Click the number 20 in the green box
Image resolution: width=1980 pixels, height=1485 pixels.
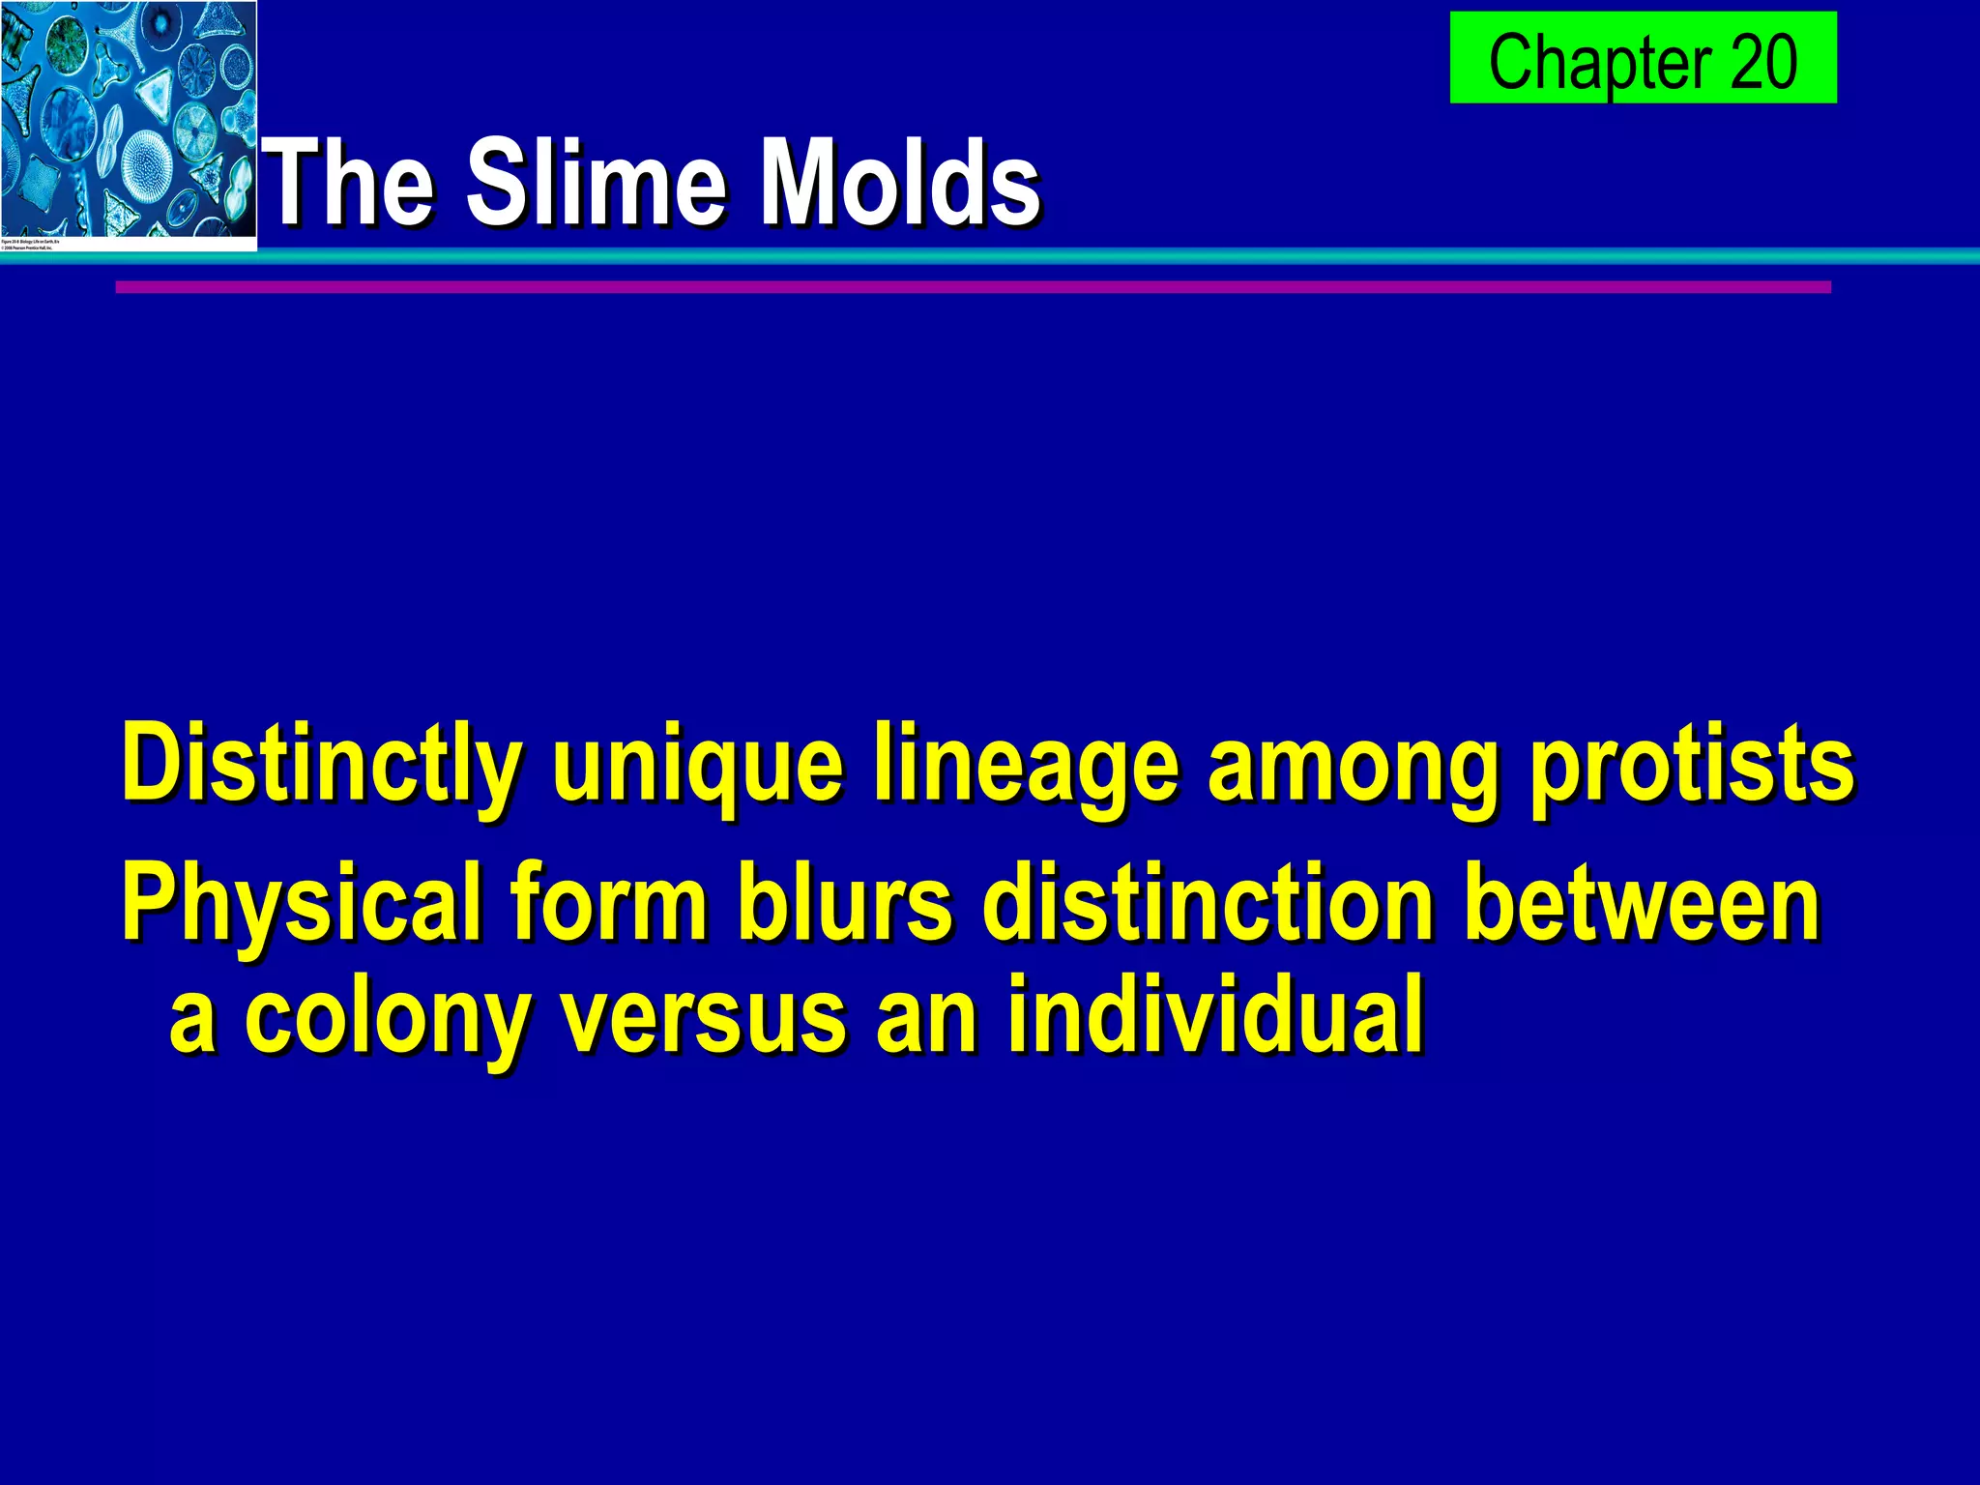pyautogui.click(x=1763, y=61)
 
